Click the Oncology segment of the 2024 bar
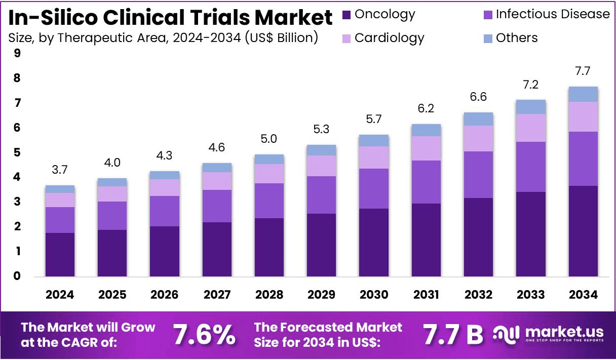(x=60, y=254)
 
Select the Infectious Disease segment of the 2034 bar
(x=583, y=158)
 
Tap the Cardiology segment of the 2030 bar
(x=374, y=157)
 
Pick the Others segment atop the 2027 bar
(x=217, y=168)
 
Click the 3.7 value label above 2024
(x=60, y=170)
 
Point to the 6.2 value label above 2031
(x=426, y=108)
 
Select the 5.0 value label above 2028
(x=269, y=139)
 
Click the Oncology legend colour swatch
(x=346, y=15)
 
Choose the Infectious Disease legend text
(x=553, y=14)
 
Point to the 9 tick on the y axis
(x=17, y=53)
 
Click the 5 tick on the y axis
(x=17, y=152)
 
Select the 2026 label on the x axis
(x=164, y=295)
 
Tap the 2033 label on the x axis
(x=531, y=295)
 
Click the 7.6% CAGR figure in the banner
(x=204, y=335)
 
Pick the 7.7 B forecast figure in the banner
(x=453, y=335)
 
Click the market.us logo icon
(x=506, y=334)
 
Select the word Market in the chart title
(x=293, y=18)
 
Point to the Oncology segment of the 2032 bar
(x=479, y=237)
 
